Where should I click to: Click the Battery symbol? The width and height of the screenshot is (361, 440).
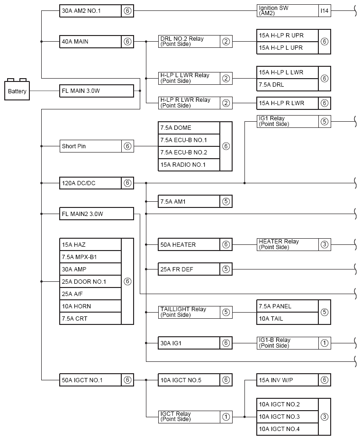coord(18,90)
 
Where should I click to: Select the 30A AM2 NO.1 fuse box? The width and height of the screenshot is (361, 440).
coord(90,11)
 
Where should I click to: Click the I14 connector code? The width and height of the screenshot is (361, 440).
coord(325,11)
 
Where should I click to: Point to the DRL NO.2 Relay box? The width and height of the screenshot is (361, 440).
coord(189,42)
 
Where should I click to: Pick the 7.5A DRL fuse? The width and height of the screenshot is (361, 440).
coord(287,85)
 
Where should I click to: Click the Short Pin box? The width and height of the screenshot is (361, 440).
coord(90,146)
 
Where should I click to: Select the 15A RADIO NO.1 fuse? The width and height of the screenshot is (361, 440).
coord(189,165)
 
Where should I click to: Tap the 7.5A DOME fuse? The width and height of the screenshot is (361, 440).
coord(189,128)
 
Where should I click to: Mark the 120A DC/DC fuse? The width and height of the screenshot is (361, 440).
coord(90,183)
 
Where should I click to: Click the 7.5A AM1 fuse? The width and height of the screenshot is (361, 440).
coord(189,202)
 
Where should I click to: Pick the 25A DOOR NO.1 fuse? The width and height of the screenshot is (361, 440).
coord(90,282)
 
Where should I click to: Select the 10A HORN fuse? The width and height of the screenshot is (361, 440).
coord(90,306)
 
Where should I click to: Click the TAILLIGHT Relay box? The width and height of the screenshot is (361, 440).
coord(189,312)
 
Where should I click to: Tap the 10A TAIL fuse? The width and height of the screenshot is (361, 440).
coord(287,319)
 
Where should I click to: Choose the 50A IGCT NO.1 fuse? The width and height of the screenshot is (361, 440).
coord(90,380)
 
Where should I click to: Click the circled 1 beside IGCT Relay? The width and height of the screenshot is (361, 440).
coord(226,417)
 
